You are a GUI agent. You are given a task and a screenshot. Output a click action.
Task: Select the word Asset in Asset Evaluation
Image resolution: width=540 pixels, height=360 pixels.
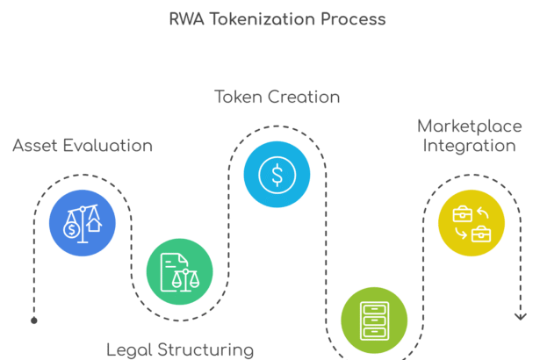click(36, 146)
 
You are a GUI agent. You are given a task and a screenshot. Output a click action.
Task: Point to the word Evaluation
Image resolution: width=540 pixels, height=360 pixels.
click(109, 146)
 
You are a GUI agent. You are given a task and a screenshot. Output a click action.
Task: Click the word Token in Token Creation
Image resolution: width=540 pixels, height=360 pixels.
click(241, 97)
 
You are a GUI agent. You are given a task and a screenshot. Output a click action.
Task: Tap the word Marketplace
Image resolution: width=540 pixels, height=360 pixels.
click(469, 126)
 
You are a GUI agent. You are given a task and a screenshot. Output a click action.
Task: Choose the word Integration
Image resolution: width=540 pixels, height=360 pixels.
click(469, 146)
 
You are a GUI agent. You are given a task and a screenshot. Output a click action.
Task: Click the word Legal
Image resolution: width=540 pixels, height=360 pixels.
click(130, 349)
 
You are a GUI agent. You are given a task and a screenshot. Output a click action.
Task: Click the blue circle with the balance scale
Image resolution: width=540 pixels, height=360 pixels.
click(82, 223)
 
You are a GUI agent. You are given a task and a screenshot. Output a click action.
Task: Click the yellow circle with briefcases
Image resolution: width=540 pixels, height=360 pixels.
click(472, 223)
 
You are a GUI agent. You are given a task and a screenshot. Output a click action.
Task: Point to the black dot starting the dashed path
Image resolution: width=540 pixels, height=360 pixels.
click(34, 320)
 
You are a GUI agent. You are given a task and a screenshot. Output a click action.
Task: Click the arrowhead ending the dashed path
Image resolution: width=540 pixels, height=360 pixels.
click(520, 315)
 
